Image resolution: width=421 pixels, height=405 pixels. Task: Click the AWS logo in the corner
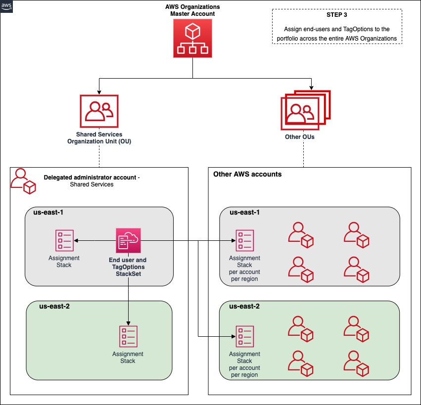click(x=7, y=6)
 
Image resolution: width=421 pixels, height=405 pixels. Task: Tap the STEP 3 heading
click(x=336, y=15)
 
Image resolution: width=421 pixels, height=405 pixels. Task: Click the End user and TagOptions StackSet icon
click(x=128, y=241)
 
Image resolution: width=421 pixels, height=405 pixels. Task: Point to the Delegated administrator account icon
click(x=24, y=181)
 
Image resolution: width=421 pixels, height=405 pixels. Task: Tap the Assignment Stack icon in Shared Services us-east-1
click(x=64, y=241)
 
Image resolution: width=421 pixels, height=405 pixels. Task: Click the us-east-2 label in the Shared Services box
click(x=54, y=307)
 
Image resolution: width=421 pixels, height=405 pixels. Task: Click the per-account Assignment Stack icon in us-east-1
click(x=245, y=241)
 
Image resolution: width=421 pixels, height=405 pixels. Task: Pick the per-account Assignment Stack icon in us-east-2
click(x=245, y=337)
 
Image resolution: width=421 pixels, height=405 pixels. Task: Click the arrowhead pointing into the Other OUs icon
click(x=311, y=87)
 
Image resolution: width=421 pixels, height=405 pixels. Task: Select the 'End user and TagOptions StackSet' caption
click(x=128, y=267)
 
